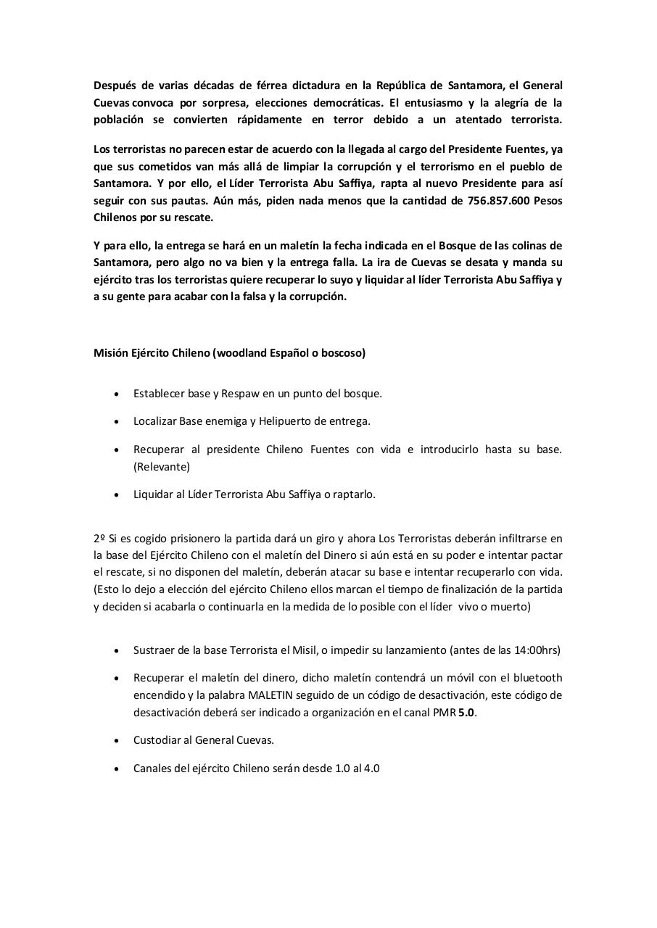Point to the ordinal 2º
(x=99, y=538)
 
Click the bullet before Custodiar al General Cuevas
(x=117, y=740)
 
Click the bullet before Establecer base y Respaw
(x=117, y=394)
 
